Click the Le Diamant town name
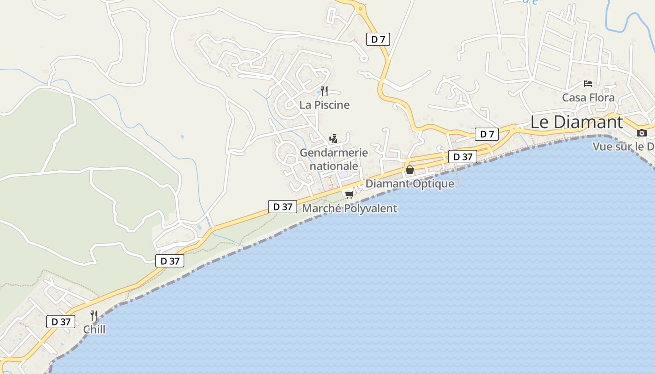[576, 122]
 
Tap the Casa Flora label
[588, 98]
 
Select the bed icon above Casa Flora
[588, 84]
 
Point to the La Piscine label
[324, 105]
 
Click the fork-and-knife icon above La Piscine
[324, 91]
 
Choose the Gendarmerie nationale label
[334, 159]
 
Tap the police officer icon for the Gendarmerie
[333, 138]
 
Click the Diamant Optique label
[409, 184]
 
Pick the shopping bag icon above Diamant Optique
[410, 170]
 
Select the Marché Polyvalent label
[349, 209]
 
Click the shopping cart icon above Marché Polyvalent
[349, 194]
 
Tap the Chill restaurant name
[94, 330]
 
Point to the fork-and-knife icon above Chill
[94, 316]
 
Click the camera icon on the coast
[642, 133]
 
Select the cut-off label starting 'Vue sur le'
[623, 147]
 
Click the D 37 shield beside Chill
[61, 322]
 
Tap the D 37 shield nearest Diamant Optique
[463, 157]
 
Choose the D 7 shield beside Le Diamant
[487, 135]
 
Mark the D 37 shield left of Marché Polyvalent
[283, 207]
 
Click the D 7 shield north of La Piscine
[378, 39]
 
